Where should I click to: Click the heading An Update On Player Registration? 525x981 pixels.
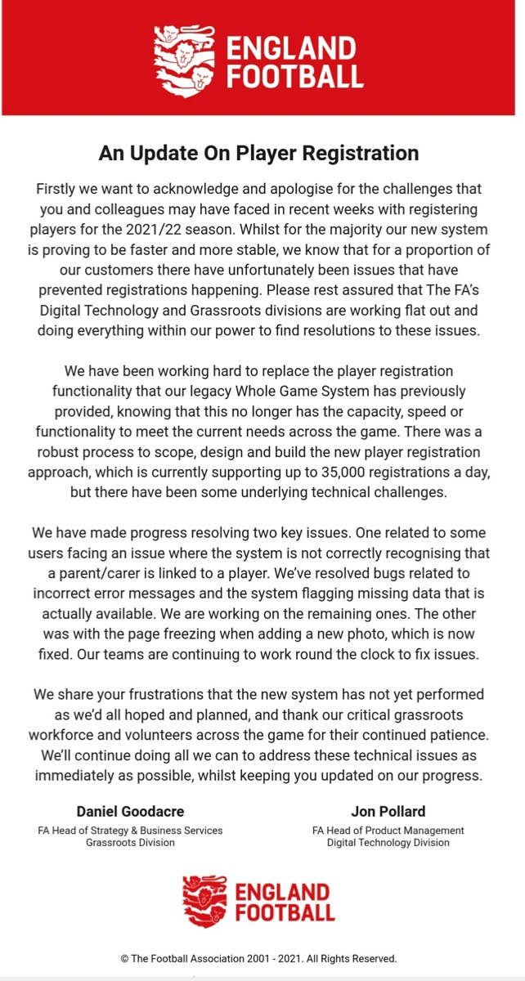pyautogui.click(x=258, y=153)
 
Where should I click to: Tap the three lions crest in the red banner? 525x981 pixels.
pyautogui.click(x=185, y=58)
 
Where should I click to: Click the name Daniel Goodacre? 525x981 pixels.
pyautogui.click(x=130, y=811)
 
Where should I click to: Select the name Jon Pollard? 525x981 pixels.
pyautogui.click(x=388, y=811)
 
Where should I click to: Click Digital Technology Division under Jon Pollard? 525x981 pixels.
pyautogui.click(x=388, y=842)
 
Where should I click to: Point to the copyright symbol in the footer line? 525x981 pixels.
pyautogui.click(x=124, y=958)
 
